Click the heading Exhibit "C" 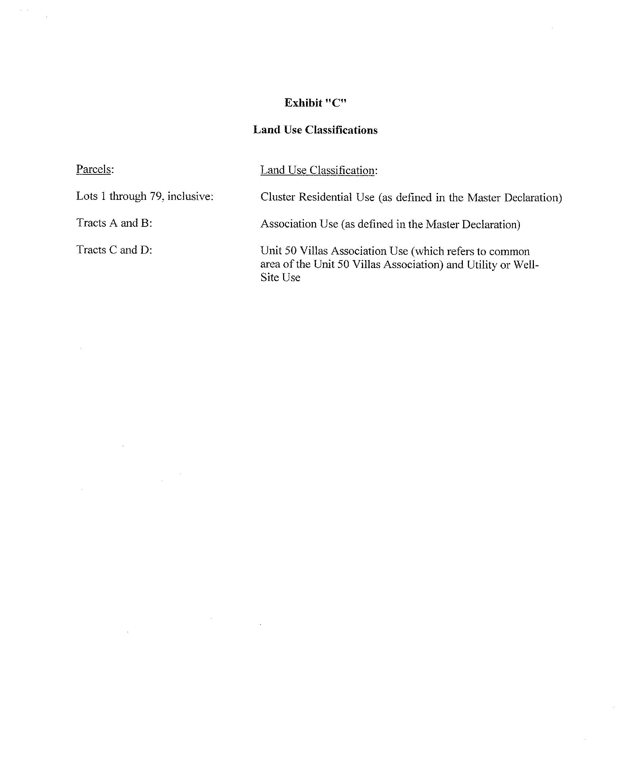(x=315, y=103)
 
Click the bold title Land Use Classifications (x=315, y=130)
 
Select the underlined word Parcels (x=93, y=169)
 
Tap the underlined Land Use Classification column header (x=318, y=170)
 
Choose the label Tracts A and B (x=114, y=223)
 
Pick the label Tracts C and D (x=114, y=250)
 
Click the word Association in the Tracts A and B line (x=284, y=224)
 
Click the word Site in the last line (x=270, y=277)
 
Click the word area (x=270, y=264)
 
